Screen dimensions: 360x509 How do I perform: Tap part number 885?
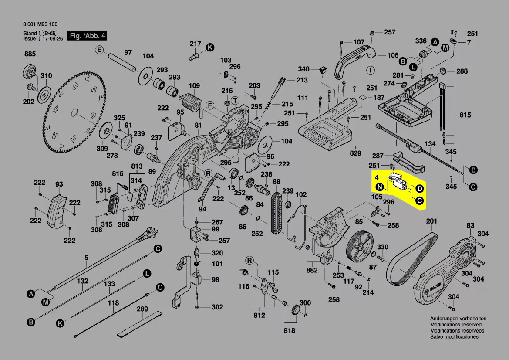[30, 54]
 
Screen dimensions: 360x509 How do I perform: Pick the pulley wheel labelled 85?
[360, 248]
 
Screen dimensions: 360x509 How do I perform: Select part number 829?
[355, 153]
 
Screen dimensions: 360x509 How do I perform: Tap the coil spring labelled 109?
[192, 104]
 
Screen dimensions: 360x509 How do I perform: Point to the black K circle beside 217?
[210, 47]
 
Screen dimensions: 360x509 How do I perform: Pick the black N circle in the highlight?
[380, 188]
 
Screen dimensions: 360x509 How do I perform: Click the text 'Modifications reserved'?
[455, 325]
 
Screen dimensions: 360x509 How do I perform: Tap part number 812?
[260, 315]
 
